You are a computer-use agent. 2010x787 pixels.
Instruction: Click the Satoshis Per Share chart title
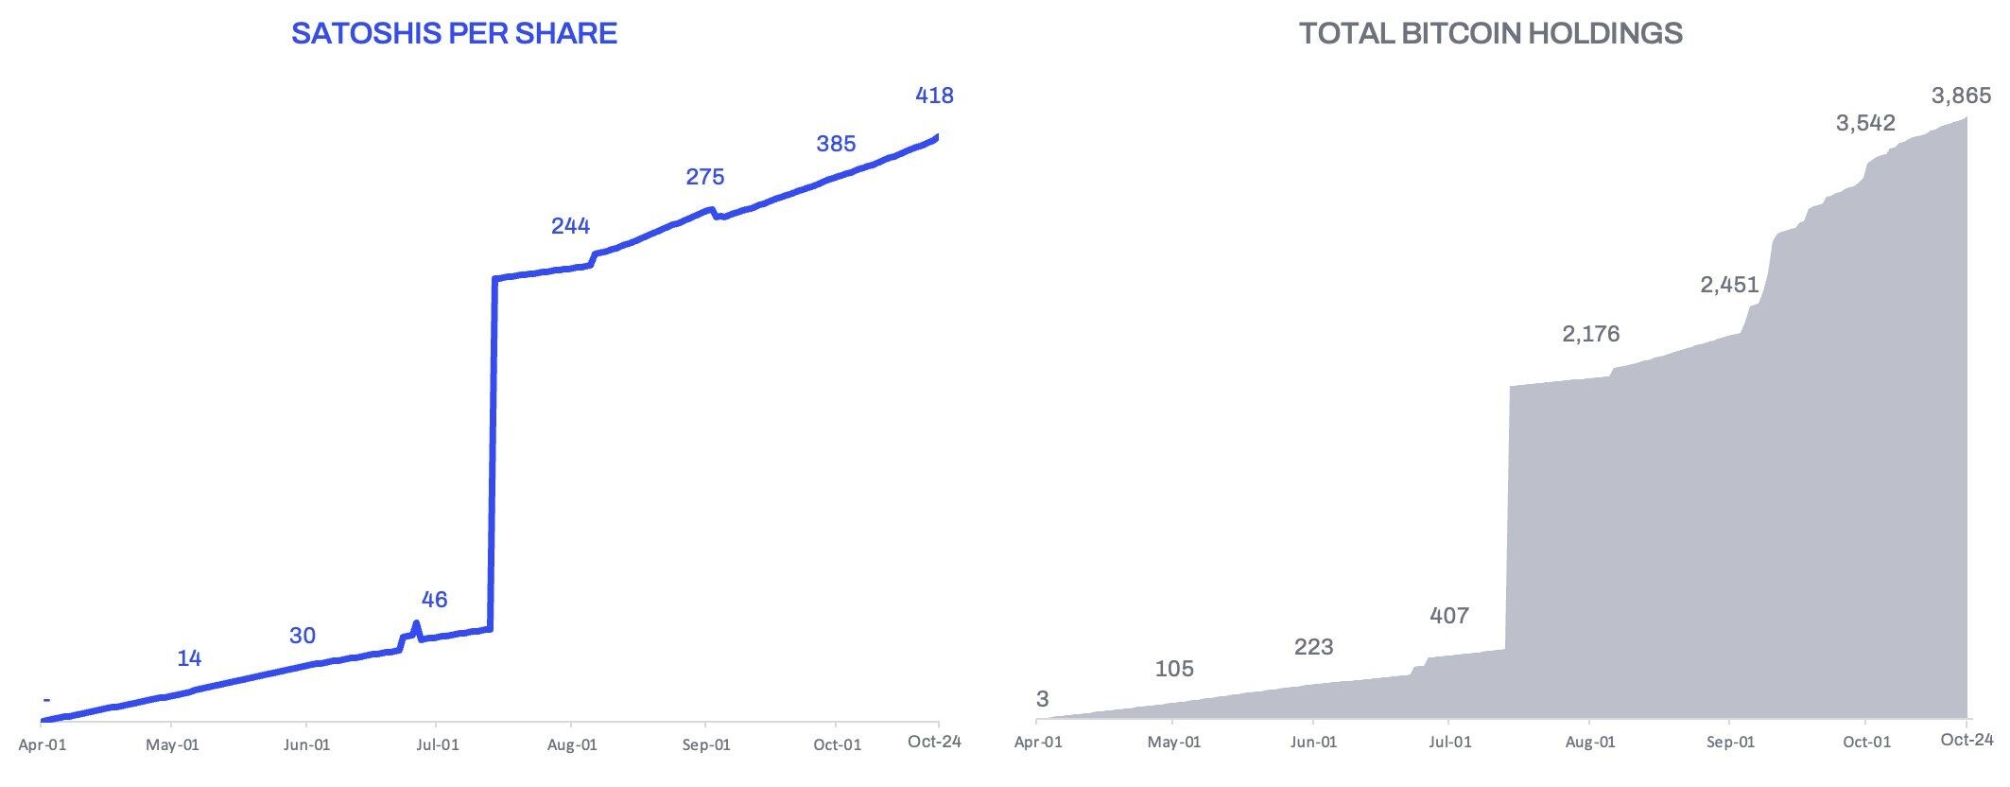[x=454, y=34]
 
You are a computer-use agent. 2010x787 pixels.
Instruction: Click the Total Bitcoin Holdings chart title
[x=1490, y=34]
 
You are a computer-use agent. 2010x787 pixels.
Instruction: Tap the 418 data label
[x=934, y=96]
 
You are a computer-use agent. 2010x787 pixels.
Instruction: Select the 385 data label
[x=836, y=144]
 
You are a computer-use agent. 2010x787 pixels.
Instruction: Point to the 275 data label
[x=704, y=177]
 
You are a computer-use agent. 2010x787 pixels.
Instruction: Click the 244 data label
[x=570, y=226]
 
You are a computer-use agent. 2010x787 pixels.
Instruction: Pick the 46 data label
[x=434, y=600]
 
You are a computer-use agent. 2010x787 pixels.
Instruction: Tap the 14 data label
[x=189, y=659]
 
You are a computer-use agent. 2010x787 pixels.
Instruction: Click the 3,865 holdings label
[x=1961, y=96]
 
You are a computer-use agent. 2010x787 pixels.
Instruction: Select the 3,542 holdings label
[x=1865, y=123]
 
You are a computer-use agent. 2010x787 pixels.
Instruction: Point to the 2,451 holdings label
[x=1729, y=285]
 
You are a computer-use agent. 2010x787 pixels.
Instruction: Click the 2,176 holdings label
[x=1591, y=334]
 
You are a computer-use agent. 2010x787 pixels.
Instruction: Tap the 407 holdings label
[x=1449, y=617]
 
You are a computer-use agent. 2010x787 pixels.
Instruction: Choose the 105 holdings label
[x=1174, y=670]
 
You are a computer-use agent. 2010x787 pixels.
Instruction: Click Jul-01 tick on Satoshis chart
[x=438, y=745]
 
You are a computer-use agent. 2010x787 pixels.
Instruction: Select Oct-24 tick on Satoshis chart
[x=934, y=742]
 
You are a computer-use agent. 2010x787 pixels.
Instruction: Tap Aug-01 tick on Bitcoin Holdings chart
[x=1590, y=743]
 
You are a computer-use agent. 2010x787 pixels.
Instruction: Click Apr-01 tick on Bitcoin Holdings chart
[x=1038, y=743]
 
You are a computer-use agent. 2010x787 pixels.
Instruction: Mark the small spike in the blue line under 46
[x=416, y=625]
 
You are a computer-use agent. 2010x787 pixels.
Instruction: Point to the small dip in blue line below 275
[x=719, y=216]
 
